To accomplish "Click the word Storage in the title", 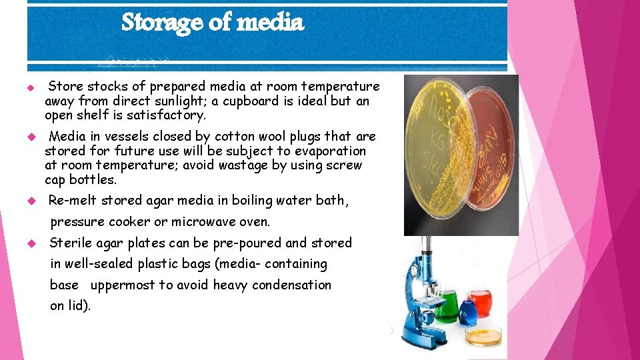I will [x=163, y=23].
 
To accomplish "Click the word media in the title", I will [x=269, y=23].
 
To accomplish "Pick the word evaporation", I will [x=330, y=151].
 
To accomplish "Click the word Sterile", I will [x=71, y=243].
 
